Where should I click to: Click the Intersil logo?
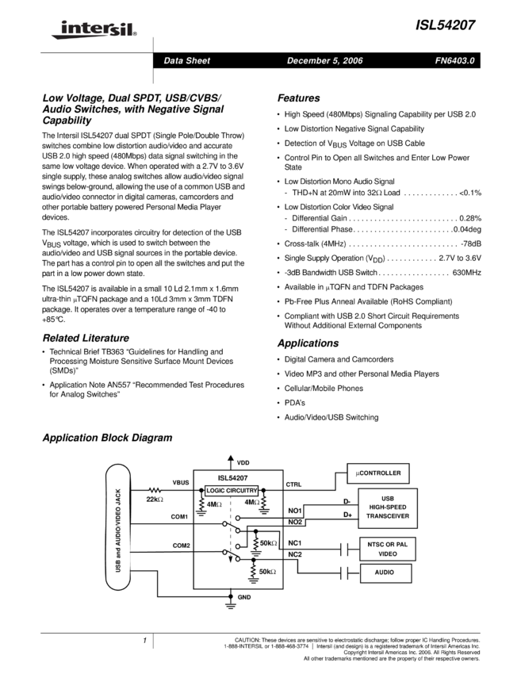(91, 30)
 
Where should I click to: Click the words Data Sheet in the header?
(186, 61)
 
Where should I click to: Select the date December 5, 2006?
(324, 61)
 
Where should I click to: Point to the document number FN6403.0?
(454, 61)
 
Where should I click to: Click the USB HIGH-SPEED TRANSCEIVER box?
(388, 508)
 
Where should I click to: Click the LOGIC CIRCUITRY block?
(232, 490)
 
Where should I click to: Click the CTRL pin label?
(293, 484)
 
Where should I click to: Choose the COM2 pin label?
(181, 546)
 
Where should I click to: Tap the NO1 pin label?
(294, 510)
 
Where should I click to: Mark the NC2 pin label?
(294, 553)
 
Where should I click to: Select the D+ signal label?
(347, 515)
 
